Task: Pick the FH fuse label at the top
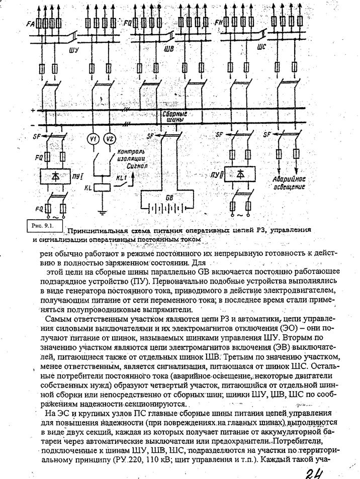point(219,24)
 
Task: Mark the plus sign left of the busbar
point(32,110)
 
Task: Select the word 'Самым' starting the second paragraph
point(57,319)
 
